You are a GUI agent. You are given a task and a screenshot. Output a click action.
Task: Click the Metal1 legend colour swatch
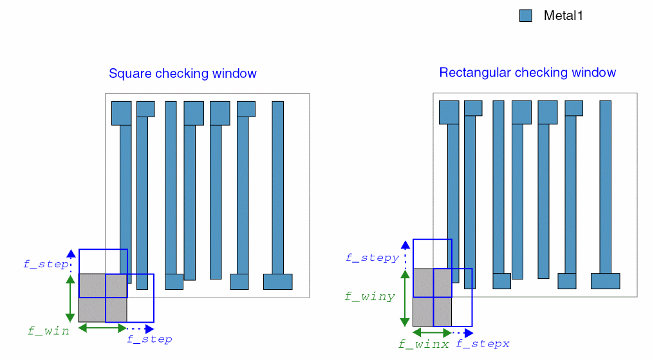[x=526, y=16]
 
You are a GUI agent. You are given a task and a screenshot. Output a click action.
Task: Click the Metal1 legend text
[x=563, y=16]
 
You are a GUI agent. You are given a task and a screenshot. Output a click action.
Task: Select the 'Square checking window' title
[x=183, y=73]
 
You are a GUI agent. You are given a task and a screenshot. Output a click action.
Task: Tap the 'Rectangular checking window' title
[x=527, y=72]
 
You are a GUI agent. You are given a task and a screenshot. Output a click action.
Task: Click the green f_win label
[x=48, y=331]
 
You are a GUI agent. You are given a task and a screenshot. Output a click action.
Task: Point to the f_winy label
[x=369, y=297]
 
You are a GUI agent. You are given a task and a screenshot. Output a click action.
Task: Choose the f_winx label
[x=423, y=344]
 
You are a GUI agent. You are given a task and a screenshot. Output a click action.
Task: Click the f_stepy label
[x=372, y=258]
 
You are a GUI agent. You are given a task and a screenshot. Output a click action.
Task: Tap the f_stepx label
[x=483, y=344]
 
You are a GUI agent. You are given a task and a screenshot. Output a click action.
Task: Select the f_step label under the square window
[x=149, y=339]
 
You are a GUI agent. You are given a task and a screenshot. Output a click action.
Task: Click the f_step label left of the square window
[x=46, y=263]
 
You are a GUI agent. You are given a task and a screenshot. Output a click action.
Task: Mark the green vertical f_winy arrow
[x=404, y=298]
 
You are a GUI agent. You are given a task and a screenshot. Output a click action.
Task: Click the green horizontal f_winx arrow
[x=432, y=333]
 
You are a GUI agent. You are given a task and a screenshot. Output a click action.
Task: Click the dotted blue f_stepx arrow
[x=463, y=333]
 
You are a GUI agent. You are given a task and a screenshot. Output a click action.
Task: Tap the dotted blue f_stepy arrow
[x=404, y=254]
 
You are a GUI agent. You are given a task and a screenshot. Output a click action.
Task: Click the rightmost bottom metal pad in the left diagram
[x=277, y=281]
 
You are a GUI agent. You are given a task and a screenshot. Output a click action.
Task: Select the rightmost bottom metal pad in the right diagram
[x=605, y=281]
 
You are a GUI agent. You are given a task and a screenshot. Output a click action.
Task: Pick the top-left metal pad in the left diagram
[x=121, y=113]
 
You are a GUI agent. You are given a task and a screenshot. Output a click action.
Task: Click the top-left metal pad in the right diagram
[x=449, y=112]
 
